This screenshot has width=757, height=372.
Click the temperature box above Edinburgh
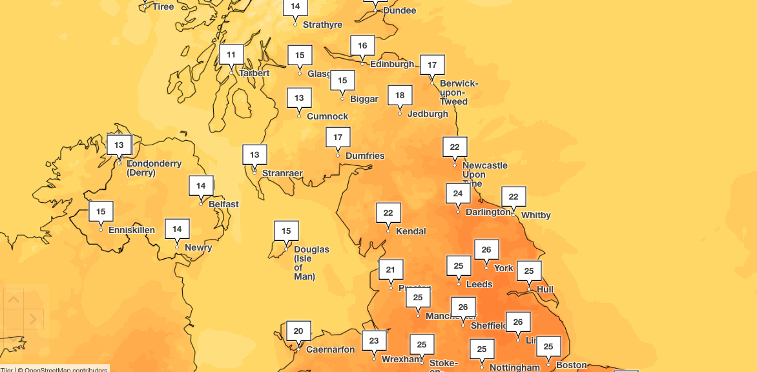point(362,46)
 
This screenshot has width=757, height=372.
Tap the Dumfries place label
point(365,156)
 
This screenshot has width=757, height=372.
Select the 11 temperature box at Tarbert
point(231,55)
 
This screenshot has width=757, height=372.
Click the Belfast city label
point(223,204)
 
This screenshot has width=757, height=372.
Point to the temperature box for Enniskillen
point(101,212)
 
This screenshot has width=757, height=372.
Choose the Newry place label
point(198,247)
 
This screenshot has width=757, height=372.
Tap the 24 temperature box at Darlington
point(458,194)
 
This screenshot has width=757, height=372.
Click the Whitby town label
point(535,215)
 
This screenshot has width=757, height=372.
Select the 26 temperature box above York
point(486,249)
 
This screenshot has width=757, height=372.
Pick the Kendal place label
point(411,231)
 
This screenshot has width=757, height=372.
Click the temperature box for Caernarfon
point(298,331)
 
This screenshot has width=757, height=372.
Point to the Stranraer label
point(282,173)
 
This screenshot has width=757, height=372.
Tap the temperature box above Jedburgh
point(400,96)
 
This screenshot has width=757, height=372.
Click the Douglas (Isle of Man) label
point(311,263)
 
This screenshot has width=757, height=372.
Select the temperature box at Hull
point(529,271)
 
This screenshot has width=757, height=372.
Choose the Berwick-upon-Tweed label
point(459,92)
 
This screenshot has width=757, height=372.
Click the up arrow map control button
point(14,298)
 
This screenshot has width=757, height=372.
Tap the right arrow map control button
point(34,319)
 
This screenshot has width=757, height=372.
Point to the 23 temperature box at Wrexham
point(374,341)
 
